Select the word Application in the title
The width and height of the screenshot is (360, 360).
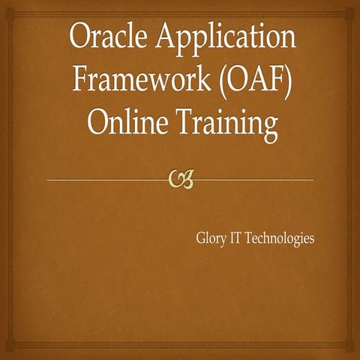pyautogui.click(x=226, y=40)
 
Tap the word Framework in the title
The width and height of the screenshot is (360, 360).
pyautogui.click(x=141, y=79)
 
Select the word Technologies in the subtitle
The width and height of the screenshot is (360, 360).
pyautogui.click(x=279, y=239)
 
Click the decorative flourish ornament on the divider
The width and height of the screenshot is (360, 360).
pyautogui.click(x=181, y=179)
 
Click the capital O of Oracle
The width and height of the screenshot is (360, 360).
pyautogui.click(x=81, y=37)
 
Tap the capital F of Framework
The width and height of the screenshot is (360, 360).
pyautogui.click(x=81, y=79)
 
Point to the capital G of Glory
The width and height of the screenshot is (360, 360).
pyautogui.click(x=201, y=238)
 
